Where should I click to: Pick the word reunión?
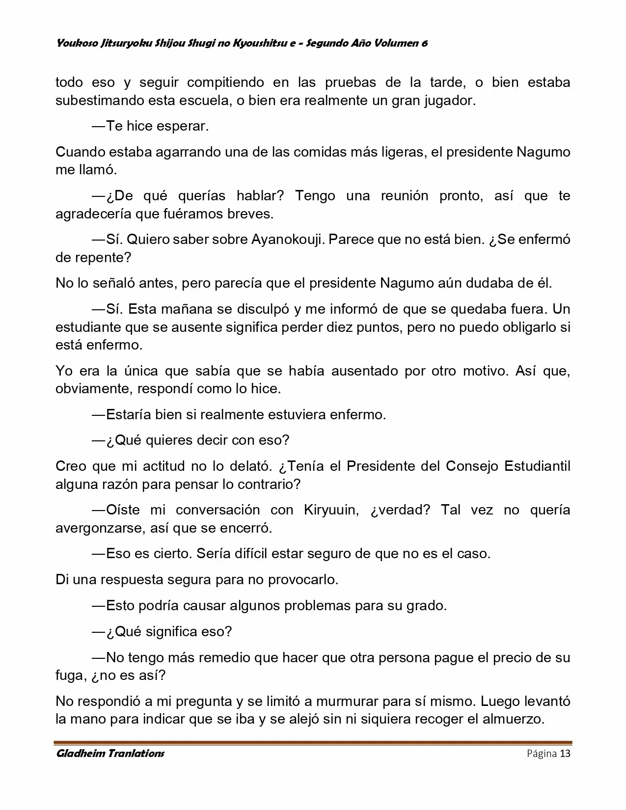tap(405, 196)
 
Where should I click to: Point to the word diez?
tap(343, 327)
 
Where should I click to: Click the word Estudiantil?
tap(537, 466)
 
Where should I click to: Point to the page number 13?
tap(565, 754)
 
